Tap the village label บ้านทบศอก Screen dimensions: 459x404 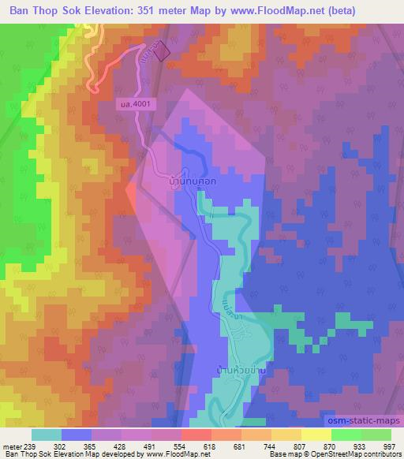[193, 181]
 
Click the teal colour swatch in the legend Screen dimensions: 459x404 [47, 434]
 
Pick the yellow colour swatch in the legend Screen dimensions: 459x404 [316, 434]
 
